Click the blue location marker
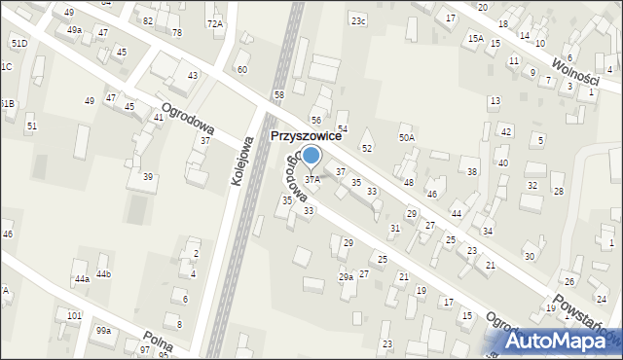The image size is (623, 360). tap(311, 156)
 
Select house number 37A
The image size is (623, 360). tap(312, 180)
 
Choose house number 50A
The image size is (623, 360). tap(407, 138)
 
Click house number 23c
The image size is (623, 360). tap(359, 20)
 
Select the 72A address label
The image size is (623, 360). tap(214, 22)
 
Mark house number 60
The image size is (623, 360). tap(242, 70)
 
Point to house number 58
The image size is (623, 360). tap(279, 94)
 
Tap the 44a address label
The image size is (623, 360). tap(82, 279)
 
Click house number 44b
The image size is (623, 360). tap(103, 274)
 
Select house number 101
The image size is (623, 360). tap(74, 316)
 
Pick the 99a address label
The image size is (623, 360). tap(103, 331)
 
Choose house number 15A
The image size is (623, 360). tap(475, 38)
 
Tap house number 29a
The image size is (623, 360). tap(346, 277)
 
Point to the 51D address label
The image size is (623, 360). tap(18, 44)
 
